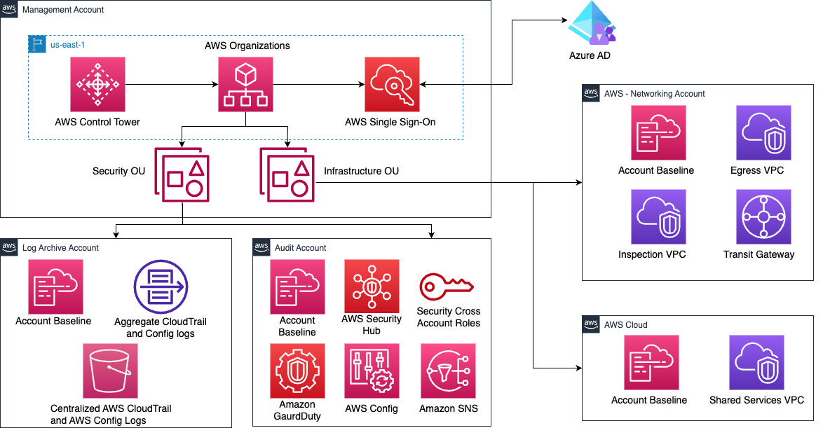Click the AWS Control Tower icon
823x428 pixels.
pyautogui.click(x=97, y=84)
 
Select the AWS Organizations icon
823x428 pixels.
pyautogui.click(x=245, y=84)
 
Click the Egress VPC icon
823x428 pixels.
pyautogui.click(x=763, y=133)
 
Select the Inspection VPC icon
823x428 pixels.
pyautogui.click(x=658, y=217)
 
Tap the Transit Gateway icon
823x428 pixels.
pyautogui.click(x=763, y=217)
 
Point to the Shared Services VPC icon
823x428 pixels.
pyautogui.click(x=756, y=363)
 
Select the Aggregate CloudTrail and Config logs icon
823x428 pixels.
pyautogui.click(x=161, y=287)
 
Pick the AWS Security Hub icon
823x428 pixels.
pyautogui.click(x=372, y=287)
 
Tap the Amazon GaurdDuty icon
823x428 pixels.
pyautogui.click(x=298, y=371)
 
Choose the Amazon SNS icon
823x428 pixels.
pyautogui.click(x=448, y=371)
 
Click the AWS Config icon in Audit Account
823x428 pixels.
pyautogui.click(x=372, y=371)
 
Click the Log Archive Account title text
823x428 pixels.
pyautogui.click(x=61, y=248)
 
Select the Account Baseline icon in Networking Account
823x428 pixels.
pyautogui.click(x=658, y=133)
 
